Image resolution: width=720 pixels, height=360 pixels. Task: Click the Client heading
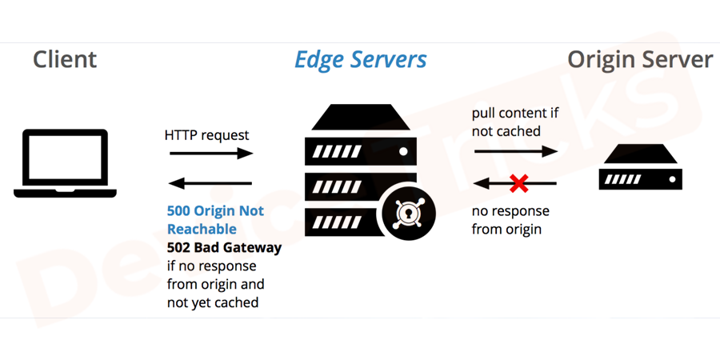[x=65, y=60]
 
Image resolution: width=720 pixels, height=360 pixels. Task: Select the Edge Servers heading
[x=360, y=60]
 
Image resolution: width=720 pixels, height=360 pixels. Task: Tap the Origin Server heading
[x=639, y=60]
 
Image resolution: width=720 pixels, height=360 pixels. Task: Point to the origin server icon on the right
[x=640, y=168]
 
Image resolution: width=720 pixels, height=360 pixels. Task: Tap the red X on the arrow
[x=518, y=183]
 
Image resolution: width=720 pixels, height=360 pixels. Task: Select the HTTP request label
[x=206, y=135]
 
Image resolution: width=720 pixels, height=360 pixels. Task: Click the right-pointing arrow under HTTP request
[x=211, y=154]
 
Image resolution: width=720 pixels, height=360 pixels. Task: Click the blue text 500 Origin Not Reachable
[x=215, y=220]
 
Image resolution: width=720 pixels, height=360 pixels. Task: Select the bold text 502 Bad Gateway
[x=224, y=248]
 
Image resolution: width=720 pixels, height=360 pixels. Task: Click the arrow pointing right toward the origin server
[x=515, y=151]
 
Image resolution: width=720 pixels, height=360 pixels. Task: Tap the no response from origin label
[x=510, y=220]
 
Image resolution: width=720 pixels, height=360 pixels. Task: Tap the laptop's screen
[x=65, y=158]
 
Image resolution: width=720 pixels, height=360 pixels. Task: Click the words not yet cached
[x=213, y=303]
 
